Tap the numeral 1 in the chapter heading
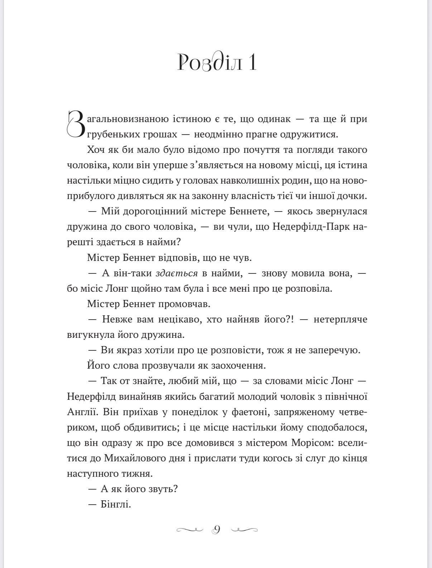(252, 63)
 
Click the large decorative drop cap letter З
(76, 124)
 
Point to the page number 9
(216, 529)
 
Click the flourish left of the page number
(190, 529)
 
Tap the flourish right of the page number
(245, 529)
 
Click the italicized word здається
(177, 273)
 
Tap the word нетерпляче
(340, 319)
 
